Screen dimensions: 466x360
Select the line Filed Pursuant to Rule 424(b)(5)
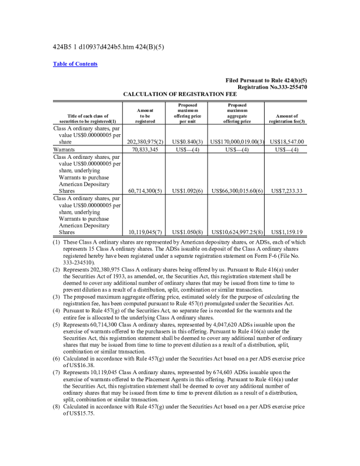coord(266,80)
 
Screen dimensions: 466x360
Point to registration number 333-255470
coord(287,87)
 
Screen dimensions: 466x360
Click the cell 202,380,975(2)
coord(144,142)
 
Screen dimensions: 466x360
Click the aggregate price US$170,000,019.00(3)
coord(236,142)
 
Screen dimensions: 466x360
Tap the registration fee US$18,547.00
coord(285,142)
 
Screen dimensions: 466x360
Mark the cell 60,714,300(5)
coord(144,191)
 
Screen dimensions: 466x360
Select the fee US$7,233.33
coord(285,191)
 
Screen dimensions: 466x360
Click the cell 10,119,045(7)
coord(144,232)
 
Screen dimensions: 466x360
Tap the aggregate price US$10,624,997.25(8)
coord(236,232)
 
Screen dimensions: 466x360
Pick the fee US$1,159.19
coord(285,232)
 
